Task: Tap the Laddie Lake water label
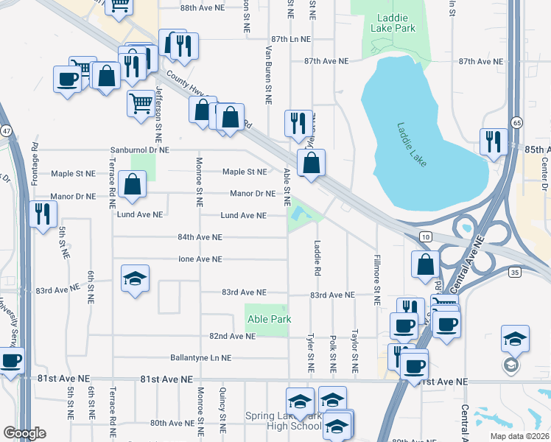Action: [411, 144]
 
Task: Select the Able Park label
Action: [269, 319]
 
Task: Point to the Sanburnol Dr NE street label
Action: [140, 150]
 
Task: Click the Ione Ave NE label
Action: [200, 259]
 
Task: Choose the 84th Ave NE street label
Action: [200, 237]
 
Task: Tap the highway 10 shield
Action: [427, 235]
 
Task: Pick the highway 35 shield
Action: [515, 273]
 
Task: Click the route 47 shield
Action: [5, 130]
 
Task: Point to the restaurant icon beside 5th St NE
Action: [42, 213]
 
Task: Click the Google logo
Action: [24, 433]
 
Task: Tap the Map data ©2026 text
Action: [519, 435]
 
